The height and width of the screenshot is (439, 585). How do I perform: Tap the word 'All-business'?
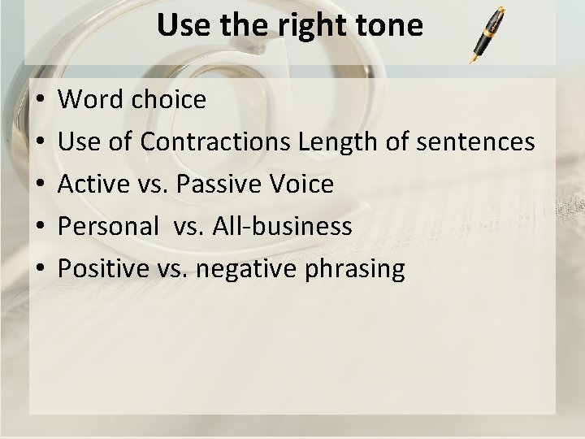tap(282, 227)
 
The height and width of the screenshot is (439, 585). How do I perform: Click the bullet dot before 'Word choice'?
tap(40, 101)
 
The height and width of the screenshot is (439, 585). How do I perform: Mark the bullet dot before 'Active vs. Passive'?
tap(40, 185)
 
